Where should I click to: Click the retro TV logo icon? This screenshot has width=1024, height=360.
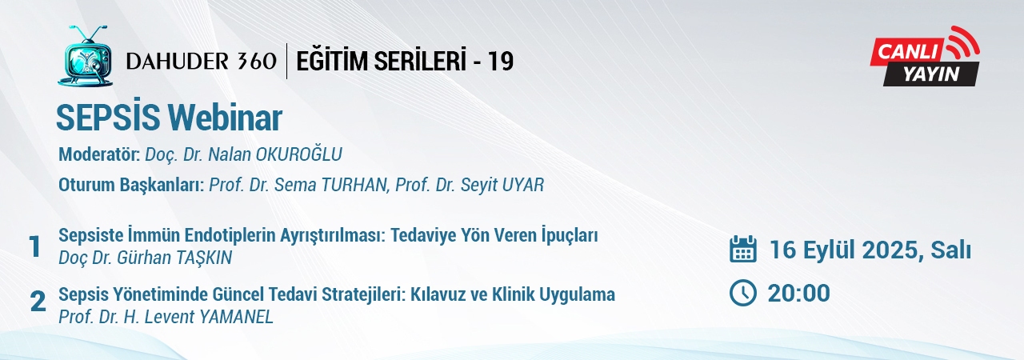(85, 56)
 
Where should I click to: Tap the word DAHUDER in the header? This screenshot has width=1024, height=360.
(177, 62)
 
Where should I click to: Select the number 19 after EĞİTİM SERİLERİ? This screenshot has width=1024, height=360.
(500, 62)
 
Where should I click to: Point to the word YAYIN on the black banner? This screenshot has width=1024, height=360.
(931, 74)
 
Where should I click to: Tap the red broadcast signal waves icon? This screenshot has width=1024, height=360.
(961, 42)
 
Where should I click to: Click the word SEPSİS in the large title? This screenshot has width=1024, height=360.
(107, 118)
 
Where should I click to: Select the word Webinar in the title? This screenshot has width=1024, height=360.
(225, 118)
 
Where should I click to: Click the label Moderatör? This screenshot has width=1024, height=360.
(99, 154)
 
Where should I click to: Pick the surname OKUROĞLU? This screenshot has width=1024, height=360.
(299, 154)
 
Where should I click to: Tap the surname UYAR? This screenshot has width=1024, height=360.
(523, 185)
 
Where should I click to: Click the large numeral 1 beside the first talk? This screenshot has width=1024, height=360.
(34, 246)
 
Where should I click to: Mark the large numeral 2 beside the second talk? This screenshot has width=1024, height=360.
(38, 302)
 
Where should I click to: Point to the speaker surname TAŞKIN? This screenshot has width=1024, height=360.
(201, 258)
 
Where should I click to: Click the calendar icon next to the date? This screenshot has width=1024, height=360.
(743, 249)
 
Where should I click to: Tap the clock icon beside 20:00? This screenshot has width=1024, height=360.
(743, 293)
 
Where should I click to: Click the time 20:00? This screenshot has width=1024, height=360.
(798, 294)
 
